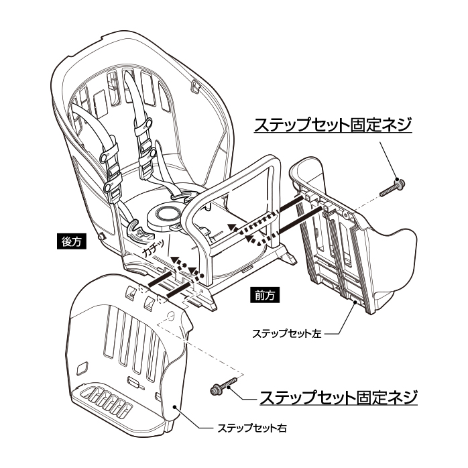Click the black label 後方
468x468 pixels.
pos(70,242)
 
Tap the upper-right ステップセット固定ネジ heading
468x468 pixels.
pos(331,125)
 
